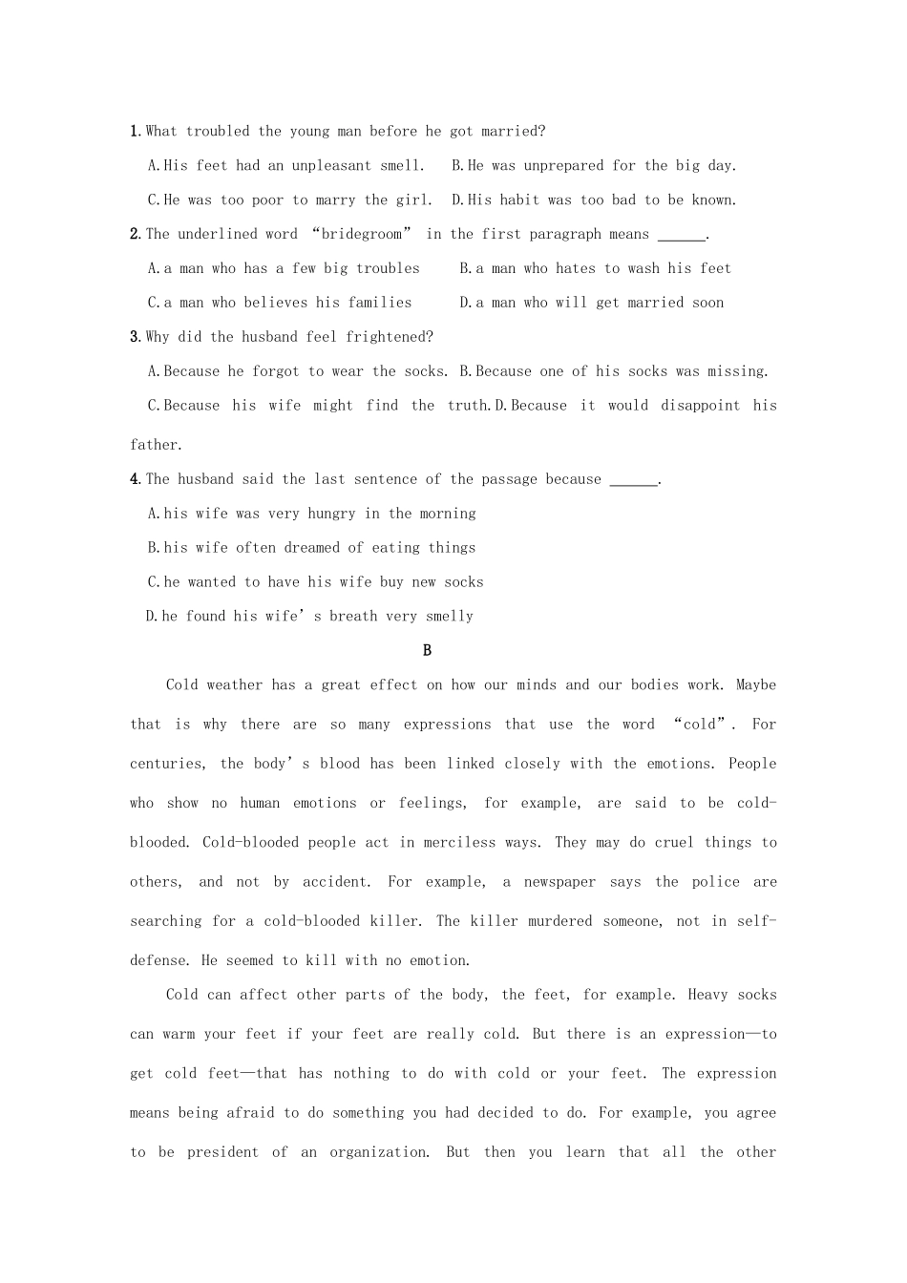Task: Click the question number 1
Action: (136, 132)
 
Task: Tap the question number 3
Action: (136, 337)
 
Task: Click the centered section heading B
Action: (427, 651)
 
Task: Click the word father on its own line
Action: (154, 445)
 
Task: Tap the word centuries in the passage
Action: (166, 764)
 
